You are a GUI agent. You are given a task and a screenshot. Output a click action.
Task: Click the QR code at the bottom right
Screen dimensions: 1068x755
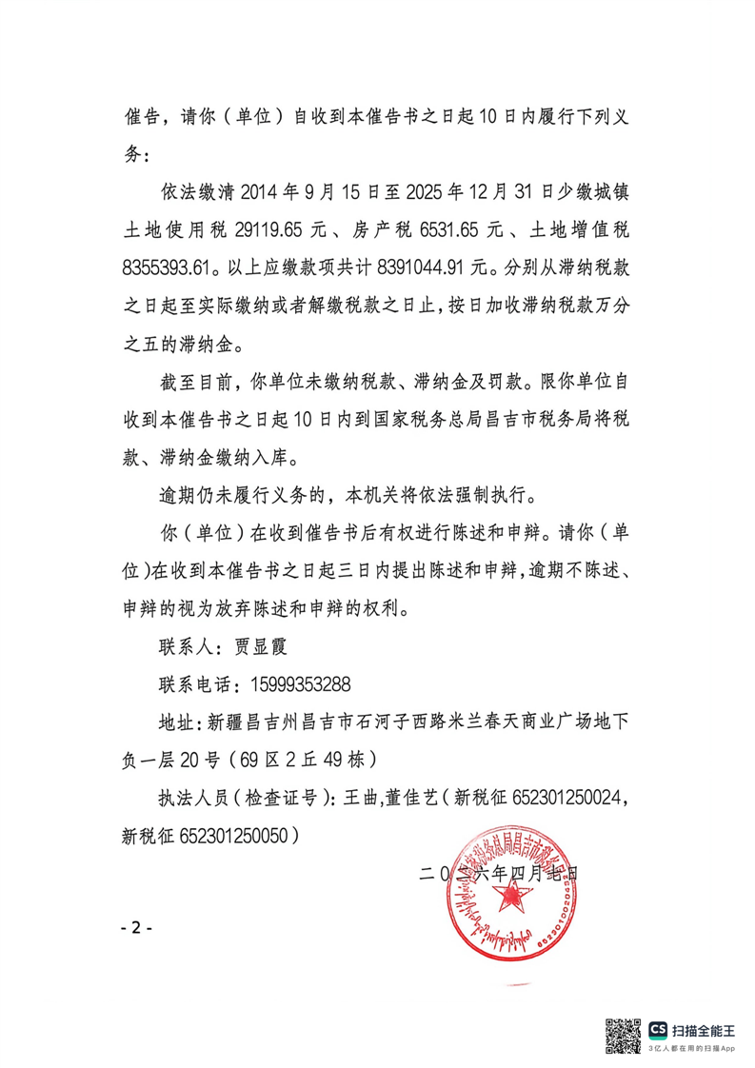point(624,1035)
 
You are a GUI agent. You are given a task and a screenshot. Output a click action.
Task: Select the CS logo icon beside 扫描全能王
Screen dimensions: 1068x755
point(658,1030)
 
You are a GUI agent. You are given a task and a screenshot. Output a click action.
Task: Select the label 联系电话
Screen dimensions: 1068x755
point(195,684)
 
